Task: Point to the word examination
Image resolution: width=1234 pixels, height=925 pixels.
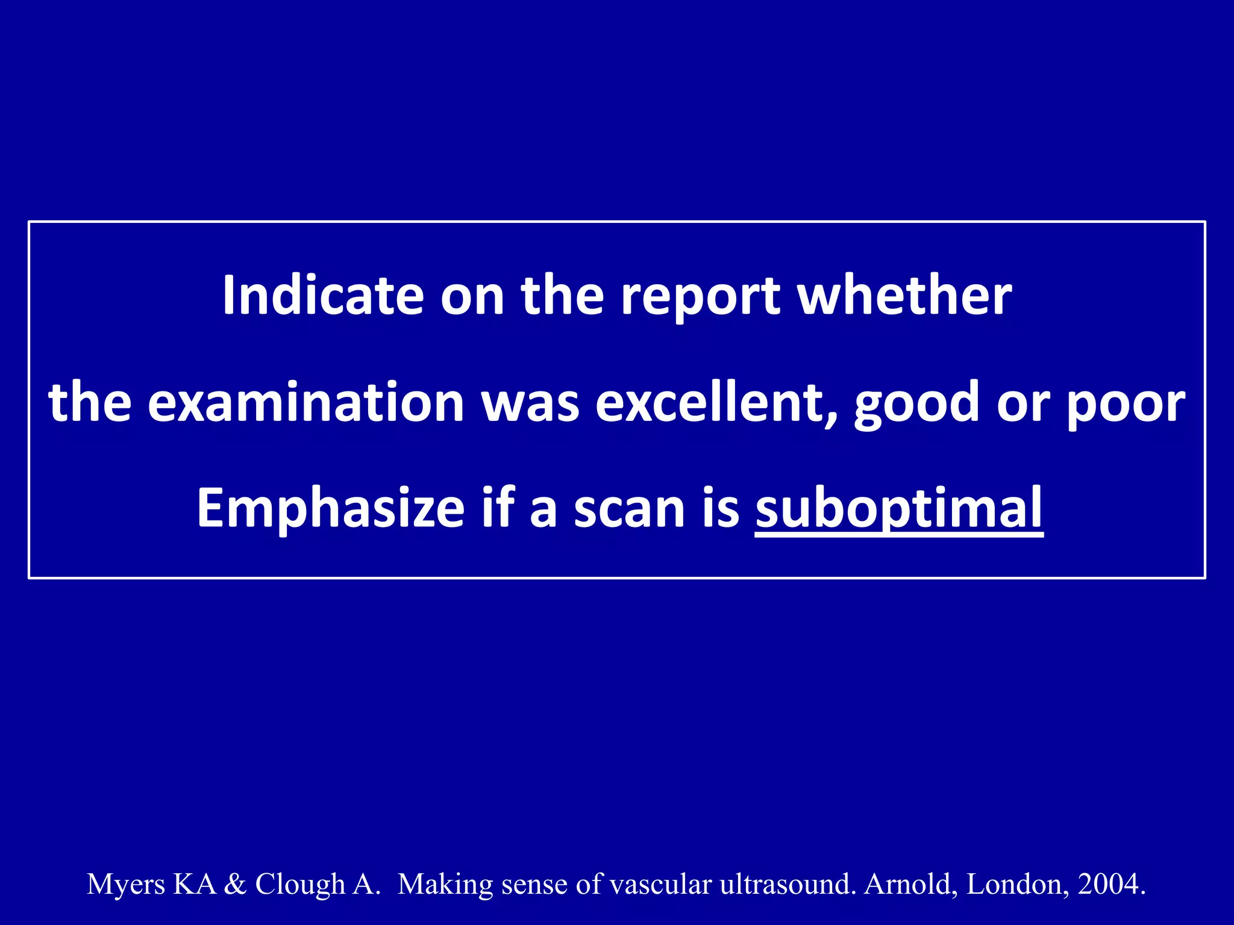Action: tap(306, 402)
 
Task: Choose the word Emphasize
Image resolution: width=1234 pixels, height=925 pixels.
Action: tap(330, 509)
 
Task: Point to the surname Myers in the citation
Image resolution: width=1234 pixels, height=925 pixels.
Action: tap(126, 885)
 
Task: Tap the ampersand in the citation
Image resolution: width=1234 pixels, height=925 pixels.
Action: tap(235, 884)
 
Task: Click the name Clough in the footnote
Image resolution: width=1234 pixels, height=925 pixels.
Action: tap(300, 885)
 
